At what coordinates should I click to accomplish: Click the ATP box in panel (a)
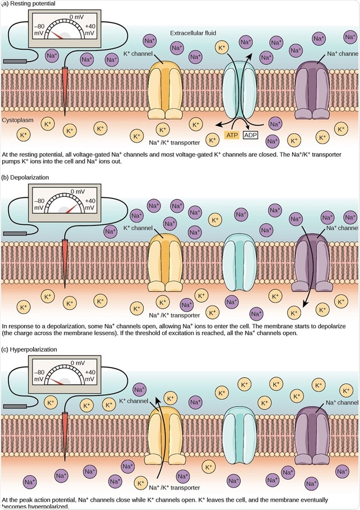[231, 135]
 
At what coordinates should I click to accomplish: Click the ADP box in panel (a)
[251, 135]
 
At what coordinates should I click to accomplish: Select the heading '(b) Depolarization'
[25, 177]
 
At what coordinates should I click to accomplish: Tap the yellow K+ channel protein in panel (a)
[165, 88]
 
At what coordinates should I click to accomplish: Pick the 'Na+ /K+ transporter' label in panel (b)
[174, 315]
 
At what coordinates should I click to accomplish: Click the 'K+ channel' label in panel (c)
[133, 400]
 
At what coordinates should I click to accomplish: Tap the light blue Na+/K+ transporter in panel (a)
[241, 88]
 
